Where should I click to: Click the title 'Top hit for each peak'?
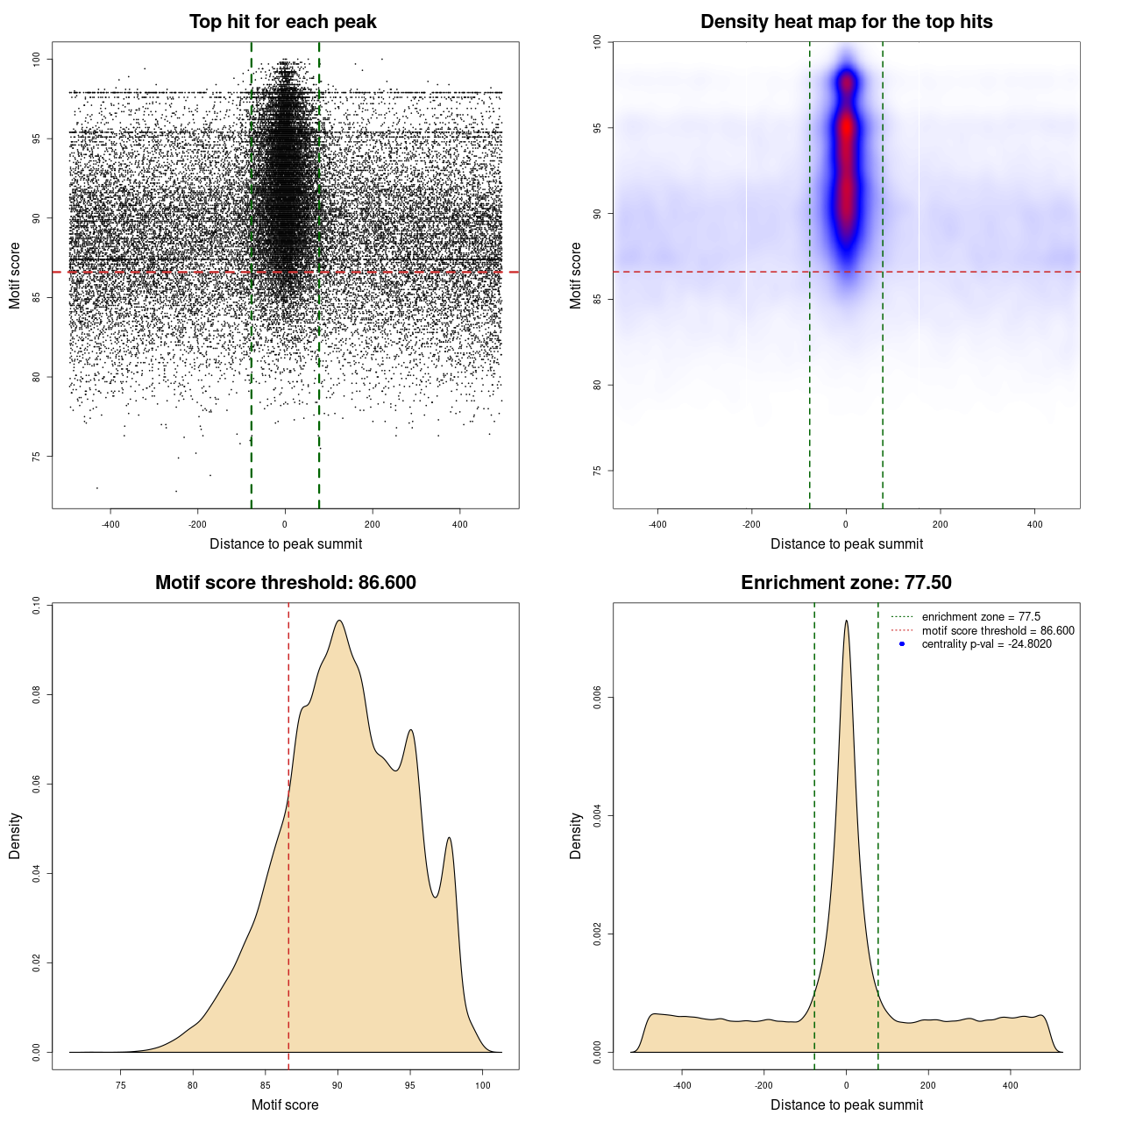[x=282, y=22]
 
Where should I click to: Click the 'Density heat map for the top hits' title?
[x=846, y=22]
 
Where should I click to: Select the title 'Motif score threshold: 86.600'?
[x=285, y=583]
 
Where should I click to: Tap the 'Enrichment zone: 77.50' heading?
[x=846, y=583]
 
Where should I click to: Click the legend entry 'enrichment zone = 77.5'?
[x=981, y=617]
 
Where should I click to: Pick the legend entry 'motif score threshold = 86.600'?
[x=998, y=631]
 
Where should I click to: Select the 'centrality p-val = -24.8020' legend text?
[x=986, y=644]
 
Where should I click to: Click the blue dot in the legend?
[x=902, y=644]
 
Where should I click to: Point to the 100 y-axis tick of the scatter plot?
[x=36, y=59]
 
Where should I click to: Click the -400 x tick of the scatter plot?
[x=110, y=524]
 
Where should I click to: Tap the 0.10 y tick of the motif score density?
[x=36, y=605]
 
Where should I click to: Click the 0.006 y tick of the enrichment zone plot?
[x=597, y=698]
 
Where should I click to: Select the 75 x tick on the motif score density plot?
[x=121, y=1085]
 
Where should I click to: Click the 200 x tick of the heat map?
[x=940, y=524]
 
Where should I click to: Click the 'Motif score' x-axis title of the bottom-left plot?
[x=285, y=1104]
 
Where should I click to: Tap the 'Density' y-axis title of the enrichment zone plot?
[x=576, y=835]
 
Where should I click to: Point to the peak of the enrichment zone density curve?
[x=846, y=621]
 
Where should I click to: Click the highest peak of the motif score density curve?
[x=338, y=621]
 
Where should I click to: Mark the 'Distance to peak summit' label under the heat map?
[x=846, y=543]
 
